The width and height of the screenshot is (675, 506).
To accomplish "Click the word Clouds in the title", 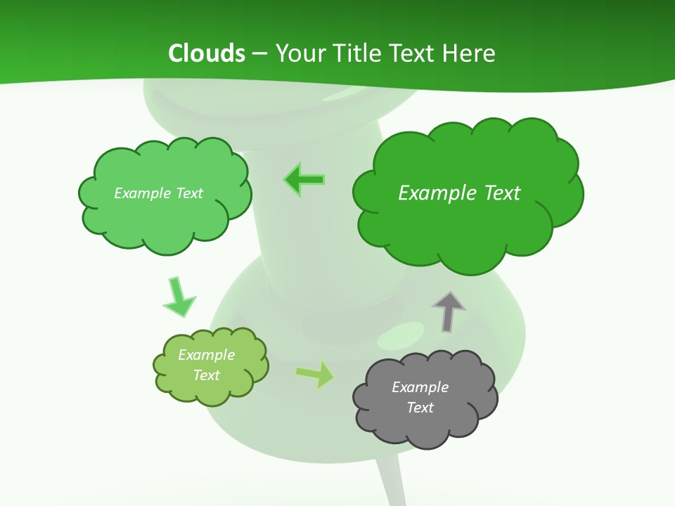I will pos(207,53).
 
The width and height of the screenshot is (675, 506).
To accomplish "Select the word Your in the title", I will pos(298,53).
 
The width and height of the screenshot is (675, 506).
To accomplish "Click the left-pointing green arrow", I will pos(304,180).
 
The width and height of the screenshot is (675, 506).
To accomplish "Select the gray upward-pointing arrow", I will pos(449,311).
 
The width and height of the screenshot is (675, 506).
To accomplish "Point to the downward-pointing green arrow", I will pos(179,297).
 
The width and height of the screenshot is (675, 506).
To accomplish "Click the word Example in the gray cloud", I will pos(420,387).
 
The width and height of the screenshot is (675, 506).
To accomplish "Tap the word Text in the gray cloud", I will pos(420,408).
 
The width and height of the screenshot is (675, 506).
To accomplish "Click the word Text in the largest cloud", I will pos(502,193).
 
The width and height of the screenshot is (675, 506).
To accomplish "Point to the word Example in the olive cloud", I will pos(206,355).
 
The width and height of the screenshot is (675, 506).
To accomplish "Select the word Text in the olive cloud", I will pos(206,375).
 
